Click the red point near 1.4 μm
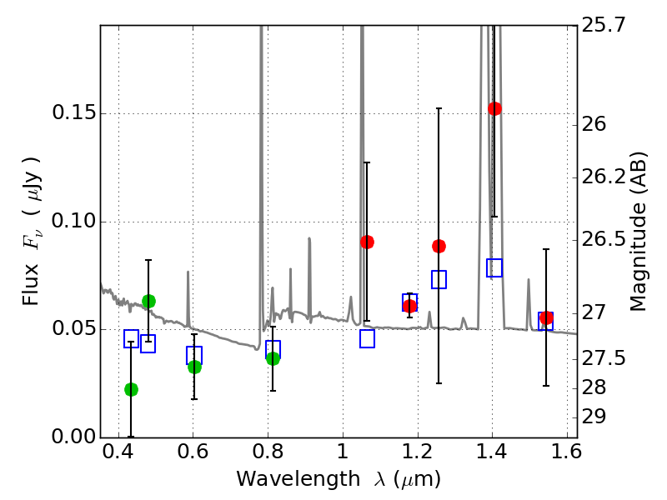494,108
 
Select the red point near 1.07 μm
367,242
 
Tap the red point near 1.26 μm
439,246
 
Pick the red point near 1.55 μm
546,317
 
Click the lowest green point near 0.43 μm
131,389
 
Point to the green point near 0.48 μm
148,301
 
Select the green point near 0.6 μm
194,367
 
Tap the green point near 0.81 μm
273,358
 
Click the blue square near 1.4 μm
494,267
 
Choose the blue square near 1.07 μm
367,338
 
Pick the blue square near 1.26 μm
439,279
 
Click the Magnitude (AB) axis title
639,231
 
